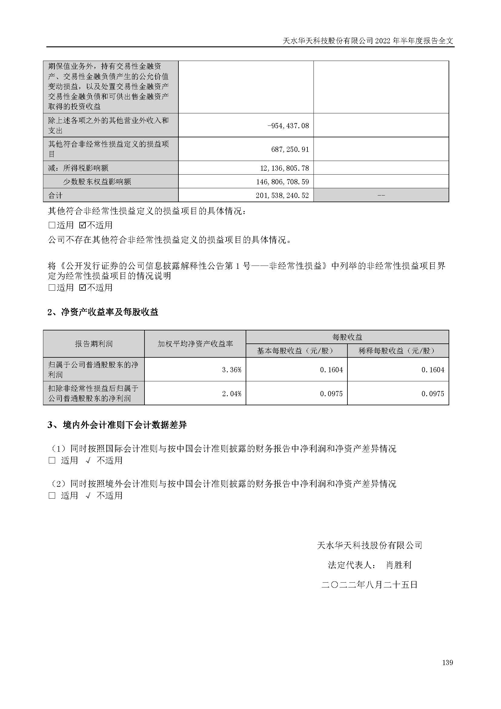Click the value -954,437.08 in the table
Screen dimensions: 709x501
288,126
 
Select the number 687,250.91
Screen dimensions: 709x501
290,149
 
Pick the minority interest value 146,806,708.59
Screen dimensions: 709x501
282,182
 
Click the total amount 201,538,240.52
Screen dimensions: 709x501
282,196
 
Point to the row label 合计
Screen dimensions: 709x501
55,196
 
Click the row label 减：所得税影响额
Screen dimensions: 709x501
78,168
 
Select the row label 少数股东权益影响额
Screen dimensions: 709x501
97,182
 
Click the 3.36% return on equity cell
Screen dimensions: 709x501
232,370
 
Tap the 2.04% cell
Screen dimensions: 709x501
232,393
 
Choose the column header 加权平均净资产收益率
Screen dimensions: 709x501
195,344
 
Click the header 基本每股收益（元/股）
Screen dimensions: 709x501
297,351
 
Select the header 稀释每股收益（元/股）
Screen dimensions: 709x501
398,351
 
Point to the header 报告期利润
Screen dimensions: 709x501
94,344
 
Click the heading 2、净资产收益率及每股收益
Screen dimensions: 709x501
103,312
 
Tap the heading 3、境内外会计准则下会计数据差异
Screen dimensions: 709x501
117,425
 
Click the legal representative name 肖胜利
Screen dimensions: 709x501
399,565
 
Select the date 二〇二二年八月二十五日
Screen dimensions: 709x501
369,584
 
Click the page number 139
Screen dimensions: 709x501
447,662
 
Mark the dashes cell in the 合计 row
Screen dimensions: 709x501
381,196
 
